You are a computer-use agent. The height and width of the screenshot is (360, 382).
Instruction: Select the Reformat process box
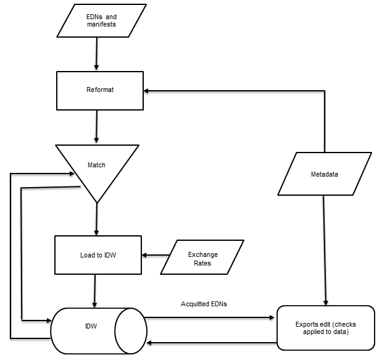[99, 90]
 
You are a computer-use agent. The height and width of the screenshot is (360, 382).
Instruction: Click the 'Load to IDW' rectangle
[98, 255]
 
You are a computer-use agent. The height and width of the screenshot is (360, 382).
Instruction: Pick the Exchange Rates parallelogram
[202, 257]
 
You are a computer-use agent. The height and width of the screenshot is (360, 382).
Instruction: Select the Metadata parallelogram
[325, 174]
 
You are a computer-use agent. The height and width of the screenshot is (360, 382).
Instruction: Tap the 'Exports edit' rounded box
[325, 327]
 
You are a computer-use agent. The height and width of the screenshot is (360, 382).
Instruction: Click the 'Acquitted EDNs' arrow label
[204, 304]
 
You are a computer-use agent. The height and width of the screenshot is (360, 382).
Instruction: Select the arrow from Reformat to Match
[97, 126]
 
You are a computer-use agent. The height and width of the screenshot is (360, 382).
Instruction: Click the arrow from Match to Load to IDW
[96, 219]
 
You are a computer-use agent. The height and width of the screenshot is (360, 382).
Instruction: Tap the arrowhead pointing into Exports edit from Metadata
[325, 301]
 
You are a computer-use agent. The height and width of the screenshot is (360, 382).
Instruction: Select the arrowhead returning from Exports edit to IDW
[151, 343]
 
